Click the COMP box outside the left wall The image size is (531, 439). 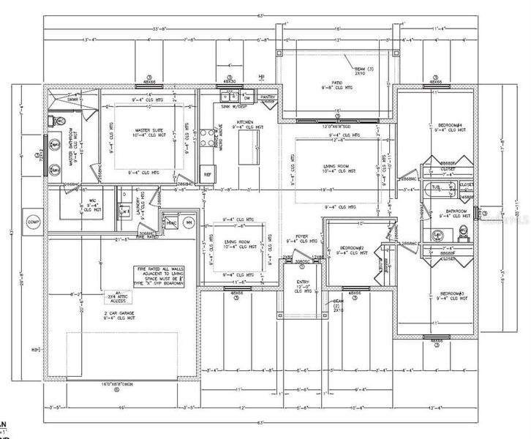[32, 222]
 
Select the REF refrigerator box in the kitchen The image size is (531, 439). [208, 175]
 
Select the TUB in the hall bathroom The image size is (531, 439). [437, 187]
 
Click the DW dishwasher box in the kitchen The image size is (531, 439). [246, 97]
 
